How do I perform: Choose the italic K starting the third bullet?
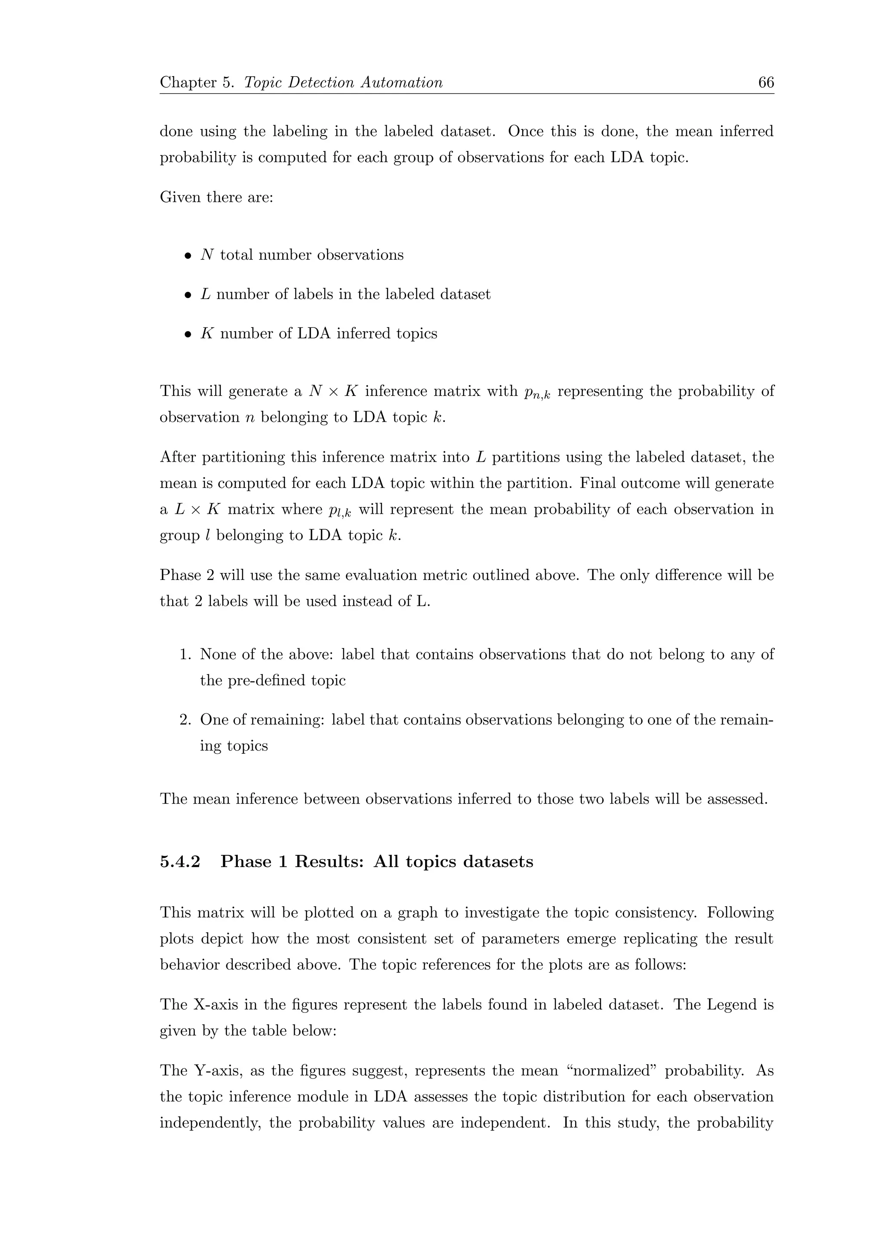click(x=206, y=333)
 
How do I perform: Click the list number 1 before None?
click(x=185, y=654)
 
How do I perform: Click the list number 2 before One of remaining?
click(x=185, y=720)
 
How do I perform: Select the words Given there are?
click(x=216, y=197)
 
